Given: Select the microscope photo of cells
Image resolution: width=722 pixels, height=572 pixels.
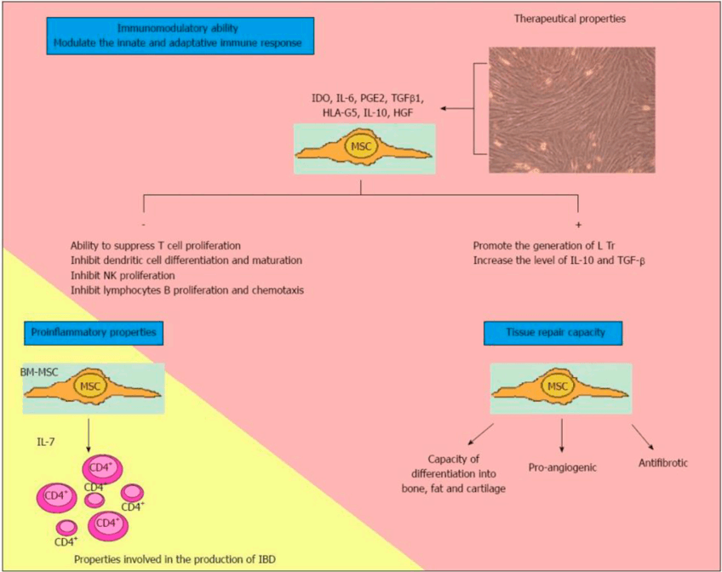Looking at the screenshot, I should pyautogui.click(x=572, y=110).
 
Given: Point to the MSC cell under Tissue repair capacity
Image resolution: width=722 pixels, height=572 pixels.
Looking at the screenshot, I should pyautogui.click(x=560, y=387).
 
